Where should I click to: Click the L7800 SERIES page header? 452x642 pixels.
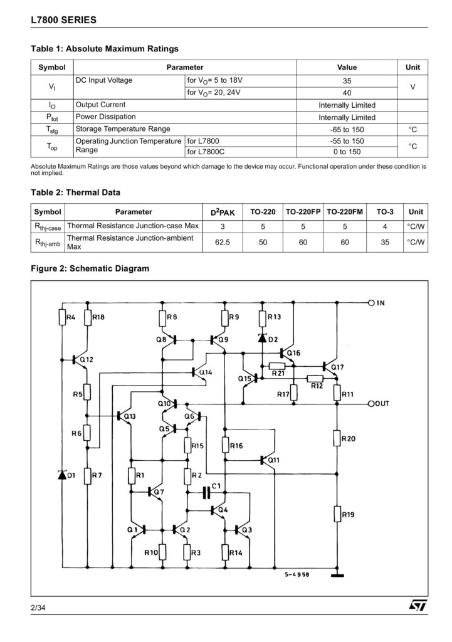tap(63, 20)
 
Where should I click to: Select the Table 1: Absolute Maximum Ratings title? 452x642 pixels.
tap(105, 48)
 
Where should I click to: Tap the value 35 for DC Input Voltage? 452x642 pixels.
tap(347, 81)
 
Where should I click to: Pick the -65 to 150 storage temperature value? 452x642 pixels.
tap(347, 129)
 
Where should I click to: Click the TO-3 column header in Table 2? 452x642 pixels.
tap(384, 212)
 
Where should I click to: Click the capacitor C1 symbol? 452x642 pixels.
tap(206, 493)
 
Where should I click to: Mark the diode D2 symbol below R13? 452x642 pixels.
tap(262, 339)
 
